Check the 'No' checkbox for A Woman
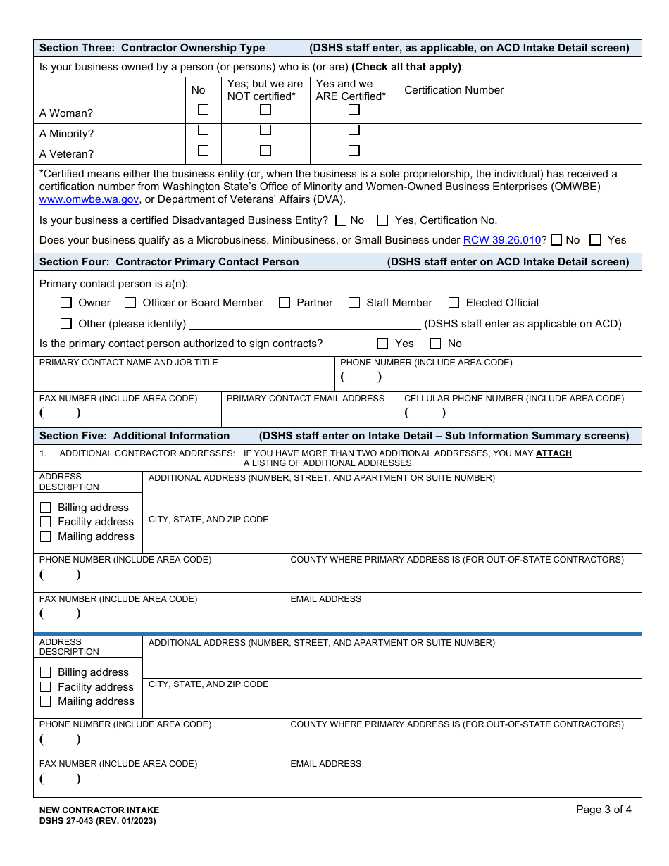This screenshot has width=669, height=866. (x=203, y=110)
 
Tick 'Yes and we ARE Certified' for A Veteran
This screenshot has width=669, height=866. (x=354, y=151)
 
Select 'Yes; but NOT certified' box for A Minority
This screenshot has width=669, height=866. (x=265, y=130)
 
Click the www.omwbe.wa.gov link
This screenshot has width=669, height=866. (x=89, y=199)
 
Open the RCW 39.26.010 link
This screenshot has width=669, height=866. (x=501, y=240)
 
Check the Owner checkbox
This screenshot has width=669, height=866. (x=66, y=303)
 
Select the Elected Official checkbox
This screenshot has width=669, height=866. (x=454, y=303)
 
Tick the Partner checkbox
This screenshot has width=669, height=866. (x=285, y=303)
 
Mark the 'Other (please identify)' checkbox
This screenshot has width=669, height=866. (x=66, y=324)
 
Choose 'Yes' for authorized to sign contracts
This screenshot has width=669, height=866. (x=383, y=344)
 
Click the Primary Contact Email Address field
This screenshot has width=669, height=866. (x=310, y=414)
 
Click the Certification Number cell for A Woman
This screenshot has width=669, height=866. (x=520, y=113)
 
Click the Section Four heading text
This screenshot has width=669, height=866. (x=169, y=262)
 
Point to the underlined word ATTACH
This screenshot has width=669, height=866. (x=554, y=453)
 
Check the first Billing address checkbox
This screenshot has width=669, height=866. (x=46, y=508)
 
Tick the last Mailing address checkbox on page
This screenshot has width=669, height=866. (x=46, y=701)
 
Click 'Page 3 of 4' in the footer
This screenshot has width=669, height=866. (x=604, y=810)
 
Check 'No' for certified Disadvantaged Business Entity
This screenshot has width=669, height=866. (x=342, y=220)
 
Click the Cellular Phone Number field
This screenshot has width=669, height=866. (x=520, y=414)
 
